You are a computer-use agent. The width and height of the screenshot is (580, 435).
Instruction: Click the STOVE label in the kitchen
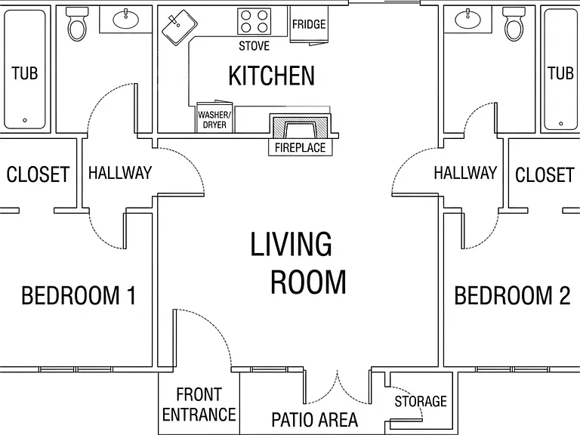254,46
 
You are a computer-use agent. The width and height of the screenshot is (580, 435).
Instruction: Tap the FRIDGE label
309,24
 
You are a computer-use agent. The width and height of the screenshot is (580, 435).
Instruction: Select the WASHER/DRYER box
214,117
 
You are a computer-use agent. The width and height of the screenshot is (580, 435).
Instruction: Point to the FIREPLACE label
300,148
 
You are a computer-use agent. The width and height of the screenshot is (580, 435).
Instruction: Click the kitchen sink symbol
180,28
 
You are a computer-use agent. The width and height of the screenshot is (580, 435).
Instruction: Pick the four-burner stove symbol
254,21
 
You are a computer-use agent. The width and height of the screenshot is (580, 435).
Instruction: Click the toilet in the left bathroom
76,24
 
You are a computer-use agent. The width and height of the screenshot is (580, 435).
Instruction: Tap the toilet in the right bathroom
514,24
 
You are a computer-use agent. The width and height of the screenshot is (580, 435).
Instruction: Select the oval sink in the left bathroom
126,19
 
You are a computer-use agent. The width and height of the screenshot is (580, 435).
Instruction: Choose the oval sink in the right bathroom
468,19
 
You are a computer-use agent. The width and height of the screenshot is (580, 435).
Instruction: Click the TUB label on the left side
25,73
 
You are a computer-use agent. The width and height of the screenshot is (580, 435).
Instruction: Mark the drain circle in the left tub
25,120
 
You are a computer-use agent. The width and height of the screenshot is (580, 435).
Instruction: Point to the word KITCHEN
272,76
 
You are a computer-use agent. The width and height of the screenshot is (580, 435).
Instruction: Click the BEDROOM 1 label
79,295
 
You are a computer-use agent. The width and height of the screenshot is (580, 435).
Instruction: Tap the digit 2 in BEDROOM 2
564,295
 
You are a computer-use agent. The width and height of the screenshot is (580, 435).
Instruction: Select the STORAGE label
421,401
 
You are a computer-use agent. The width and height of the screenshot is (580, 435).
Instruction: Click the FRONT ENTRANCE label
199,404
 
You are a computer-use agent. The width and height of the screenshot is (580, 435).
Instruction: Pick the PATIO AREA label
315,420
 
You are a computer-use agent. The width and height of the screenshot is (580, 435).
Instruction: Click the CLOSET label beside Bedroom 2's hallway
545,174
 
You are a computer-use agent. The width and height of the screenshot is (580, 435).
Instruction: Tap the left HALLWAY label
120,173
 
